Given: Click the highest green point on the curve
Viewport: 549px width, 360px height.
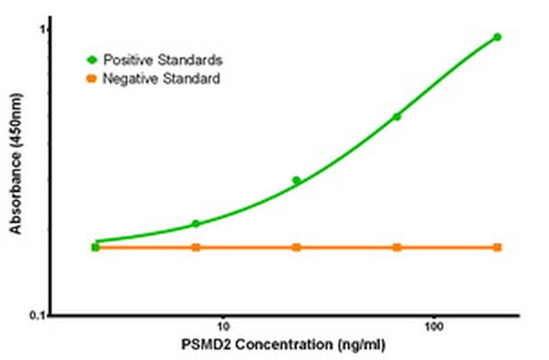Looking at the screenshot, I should pos(497,37).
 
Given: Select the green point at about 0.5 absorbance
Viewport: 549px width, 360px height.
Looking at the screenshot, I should pos(397,117).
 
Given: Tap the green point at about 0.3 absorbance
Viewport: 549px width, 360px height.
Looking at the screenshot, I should pos(296,180).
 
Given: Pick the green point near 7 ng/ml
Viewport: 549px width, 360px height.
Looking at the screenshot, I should pos(196,224).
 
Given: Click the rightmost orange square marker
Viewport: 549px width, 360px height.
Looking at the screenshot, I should pos(497,248).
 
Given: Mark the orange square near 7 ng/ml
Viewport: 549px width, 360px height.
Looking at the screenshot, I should pos(196,248).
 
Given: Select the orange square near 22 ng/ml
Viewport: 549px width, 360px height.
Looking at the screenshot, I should pos(296,248).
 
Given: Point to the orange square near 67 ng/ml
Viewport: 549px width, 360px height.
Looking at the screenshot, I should pos(397,248).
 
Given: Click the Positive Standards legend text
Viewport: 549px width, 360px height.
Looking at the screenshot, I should pos(162,60).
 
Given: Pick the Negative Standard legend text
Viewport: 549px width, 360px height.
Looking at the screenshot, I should pos(161,79).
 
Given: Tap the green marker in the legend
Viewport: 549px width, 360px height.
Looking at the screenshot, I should pos(91,60).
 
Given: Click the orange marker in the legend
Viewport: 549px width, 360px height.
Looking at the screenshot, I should pos(91,79).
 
